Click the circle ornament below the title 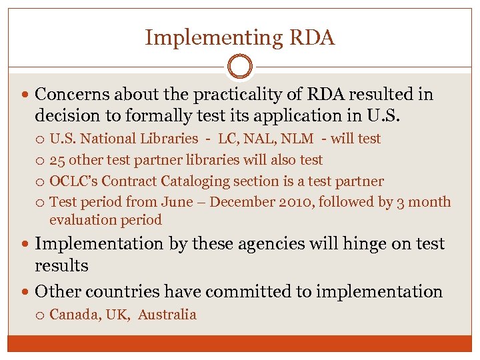coord(239,67)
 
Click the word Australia coord(167,315)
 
